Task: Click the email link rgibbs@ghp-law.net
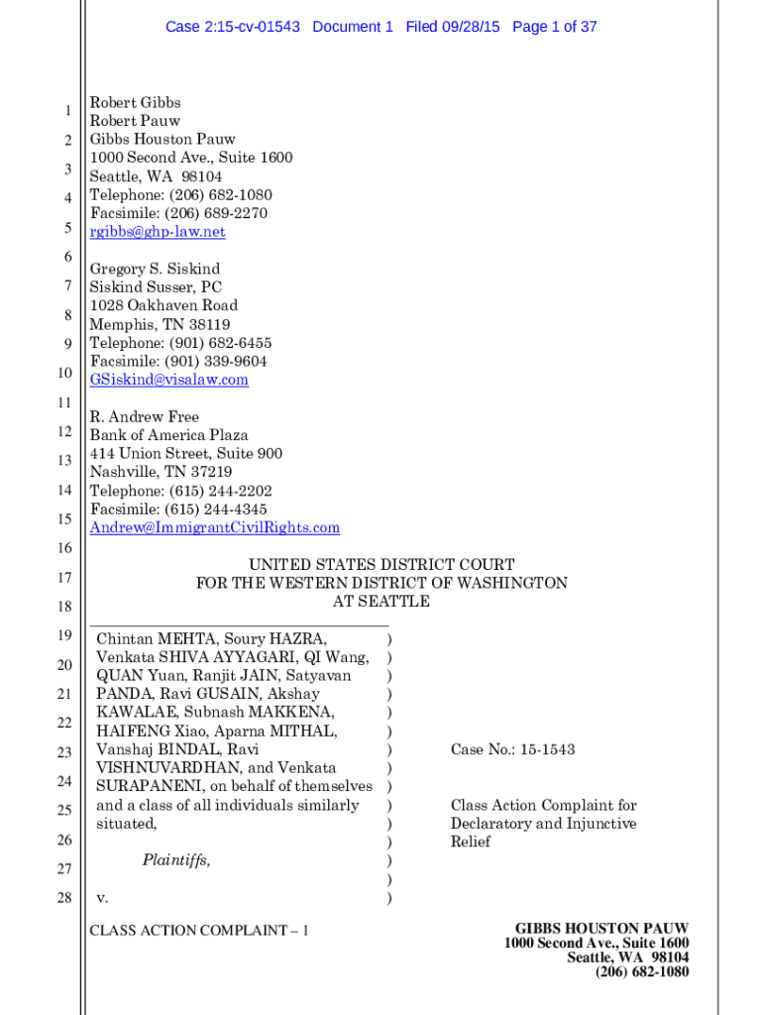(158, 232)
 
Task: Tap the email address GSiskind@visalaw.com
(168, 380)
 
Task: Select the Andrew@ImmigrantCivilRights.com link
(214, 528)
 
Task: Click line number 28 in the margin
(64, 898)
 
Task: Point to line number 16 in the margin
(64, 548)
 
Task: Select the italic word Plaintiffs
(175, 860)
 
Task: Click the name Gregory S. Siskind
(155, 269)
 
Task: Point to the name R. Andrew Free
(144, 417)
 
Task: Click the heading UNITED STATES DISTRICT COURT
(381, 565)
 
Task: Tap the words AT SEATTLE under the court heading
(381, 602)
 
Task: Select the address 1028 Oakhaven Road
(163, 305)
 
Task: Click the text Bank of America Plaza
(168, 435)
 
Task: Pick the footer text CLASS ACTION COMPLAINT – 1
(199, 931)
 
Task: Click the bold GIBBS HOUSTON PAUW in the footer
(596, 929)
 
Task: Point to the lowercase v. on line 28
(102, 898)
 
